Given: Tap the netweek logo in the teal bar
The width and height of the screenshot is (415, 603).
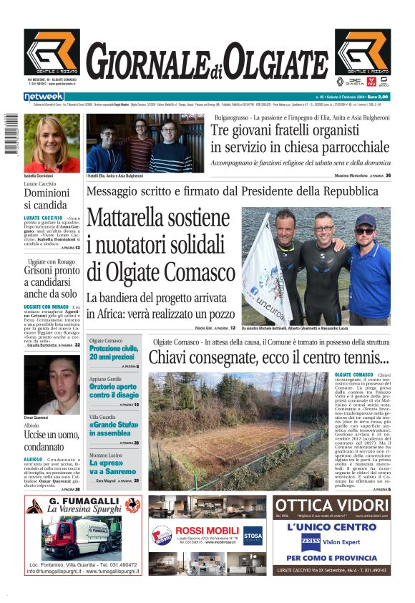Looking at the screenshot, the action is point(44,97).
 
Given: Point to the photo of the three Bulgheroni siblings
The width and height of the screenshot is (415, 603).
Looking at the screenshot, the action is point(145,143).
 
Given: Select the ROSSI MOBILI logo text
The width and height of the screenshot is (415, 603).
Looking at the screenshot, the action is point(197,531).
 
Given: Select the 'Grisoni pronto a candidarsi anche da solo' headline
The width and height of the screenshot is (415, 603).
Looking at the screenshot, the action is point(52,282).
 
